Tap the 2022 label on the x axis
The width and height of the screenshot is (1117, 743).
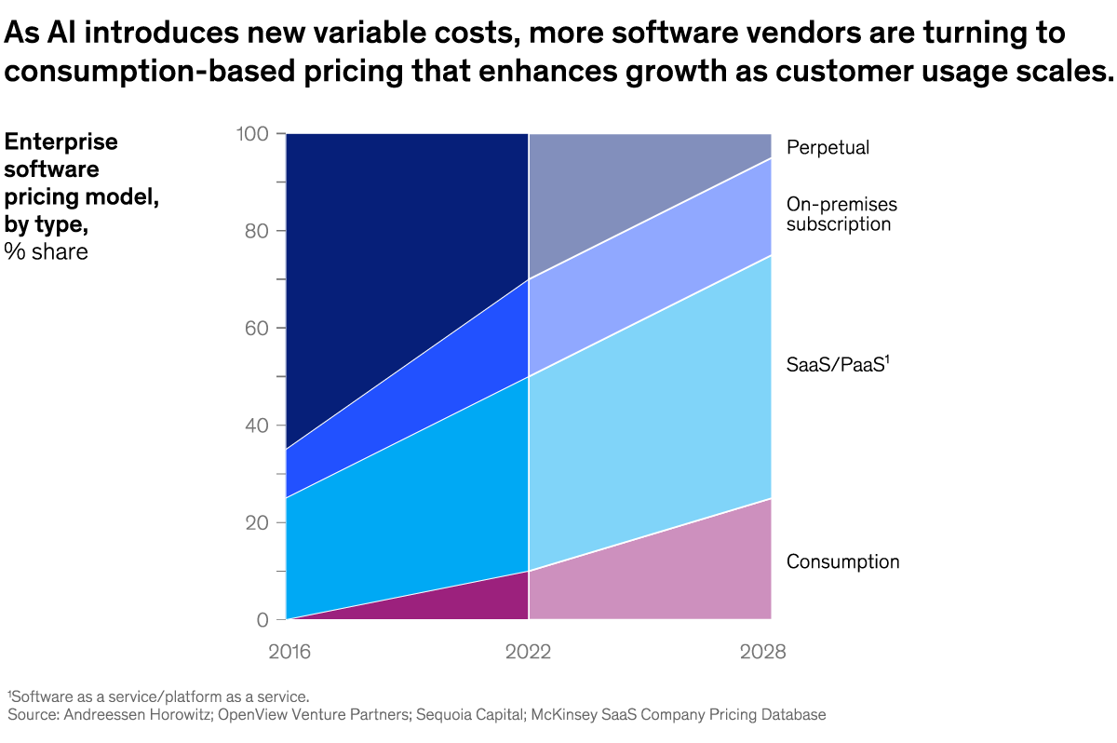tap(529, 652)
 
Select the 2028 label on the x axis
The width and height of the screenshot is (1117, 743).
tap(762, 652)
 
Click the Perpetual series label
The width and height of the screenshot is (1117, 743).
tap(828, 148)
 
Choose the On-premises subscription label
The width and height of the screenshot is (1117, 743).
tap(841, 214)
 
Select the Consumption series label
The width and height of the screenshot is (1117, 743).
tap(842, 562)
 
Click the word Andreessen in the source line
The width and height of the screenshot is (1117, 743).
tap(103, 715)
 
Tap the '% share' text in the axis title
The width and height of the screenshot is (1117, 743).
tap(47, 251)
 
